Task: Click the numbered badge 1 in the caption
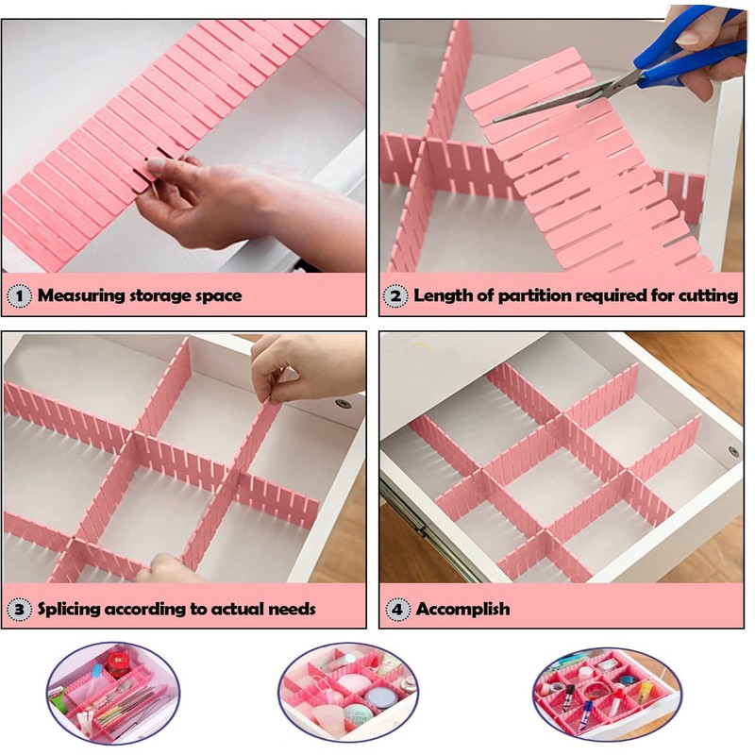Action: [19, 295]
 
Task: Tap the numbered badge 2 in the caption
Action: [396, 295]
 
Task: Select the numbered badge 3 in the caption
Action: [19, 609]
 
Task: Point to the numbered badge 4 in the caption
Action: [396, 609]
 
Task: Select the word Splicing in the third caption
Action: [71, 609]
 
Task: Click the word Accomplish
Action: [462, 609]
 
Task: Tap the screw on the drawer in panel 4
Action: [733, 452]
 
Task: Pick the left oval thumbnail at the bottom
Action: [111, 694]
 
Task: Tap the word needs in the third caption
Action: [290, 609]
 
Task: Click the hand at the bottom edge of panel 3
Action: [168, 569]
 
